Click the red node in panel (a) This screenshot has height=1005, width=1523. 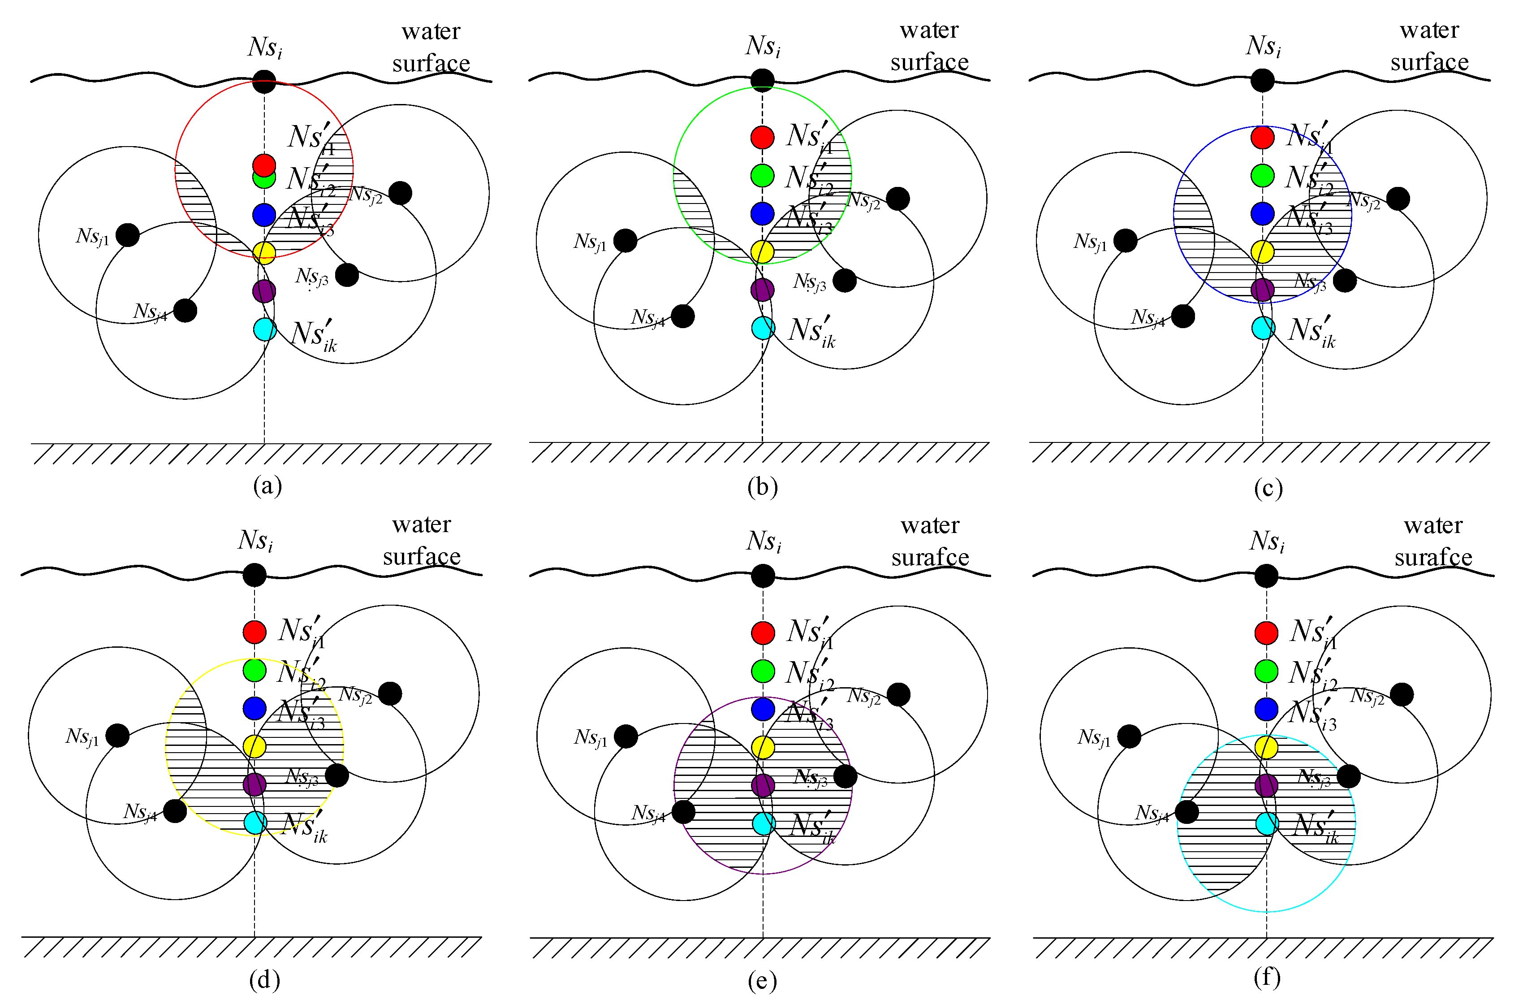(264, 164)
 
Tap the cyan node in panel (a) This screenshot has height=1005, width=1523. (265, 329)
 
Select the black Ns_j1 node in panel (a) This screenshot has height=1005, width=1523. (128, 235)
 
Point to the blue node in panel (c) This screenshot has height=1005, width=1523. (1262, 213)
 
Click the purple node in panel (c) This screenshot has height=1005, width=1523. (1262, 290)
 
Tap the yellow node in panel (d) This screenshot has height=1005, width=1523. (255, 746)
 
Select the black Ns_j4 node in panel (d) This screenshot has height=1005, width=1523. (175, 811)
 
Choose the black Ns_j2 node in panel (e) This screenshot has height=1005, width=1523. (898, 694)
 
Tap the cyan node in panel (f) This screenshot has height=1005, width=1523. (1267, 823)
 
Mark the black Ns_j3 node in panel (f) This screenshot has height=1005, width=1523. (1349, 776)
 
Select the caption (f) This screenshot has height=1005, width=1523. (1267, 978)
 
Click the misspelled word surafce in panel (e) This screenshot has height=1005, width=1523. (930, 557)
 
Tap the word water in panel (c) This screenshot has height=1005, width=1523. (1429, 30)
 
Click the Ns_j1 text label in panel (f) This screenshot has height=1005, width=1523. (1094, 737)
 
